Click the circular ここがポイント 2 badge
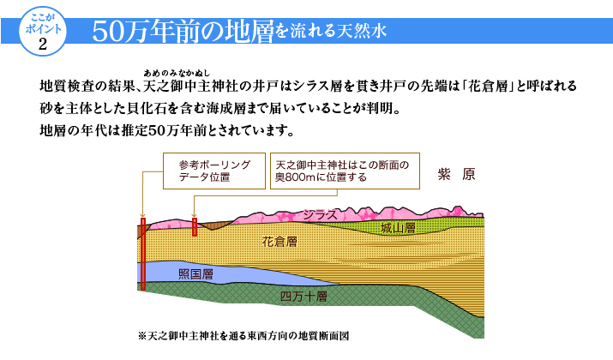coord(43,31)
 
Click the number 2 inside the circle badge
coord(43,45)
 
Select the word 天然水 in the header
coord(362,31)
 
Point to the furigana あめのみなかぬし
coord(177,73)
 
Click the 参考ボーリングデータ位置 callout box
coord(214,171)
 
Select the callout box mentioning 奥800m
coord(345,171)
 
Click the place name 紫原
coord(456,174)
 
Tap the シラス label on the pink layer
coord(320,214)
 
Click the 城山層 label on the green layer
coord(398,228)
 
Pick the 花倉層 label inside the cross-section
coord(279,242)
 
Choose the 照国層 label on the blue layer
coord(195,274)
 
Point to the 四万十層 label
coord(303,297)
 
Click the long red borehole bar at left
coord(143,254)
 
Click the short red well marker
coord(195,226)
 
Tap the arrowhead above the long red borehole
coord(142,215)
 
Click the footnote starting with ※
coord(243,336)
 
